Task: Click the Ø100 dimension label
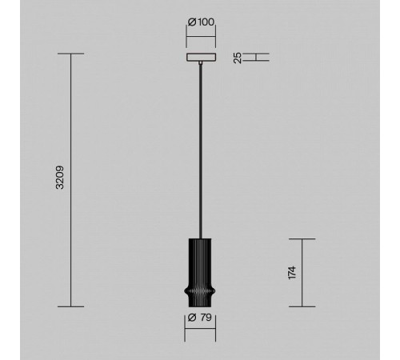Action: (x=201, y=22)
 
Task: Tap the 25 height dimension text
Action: (x=238, y=58)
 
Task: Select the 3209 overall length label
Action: (x=60, y=178)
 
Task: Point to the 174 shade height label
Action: (x=292, y=273)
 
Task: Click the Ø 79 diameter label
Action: (x=200, y=318)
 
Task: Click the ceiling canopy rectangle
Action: (x=201, y=58)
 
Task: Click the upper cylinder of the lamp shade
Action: (x=200, y=262)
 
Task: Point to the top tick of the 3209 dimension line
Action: (x=71, y=54)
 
